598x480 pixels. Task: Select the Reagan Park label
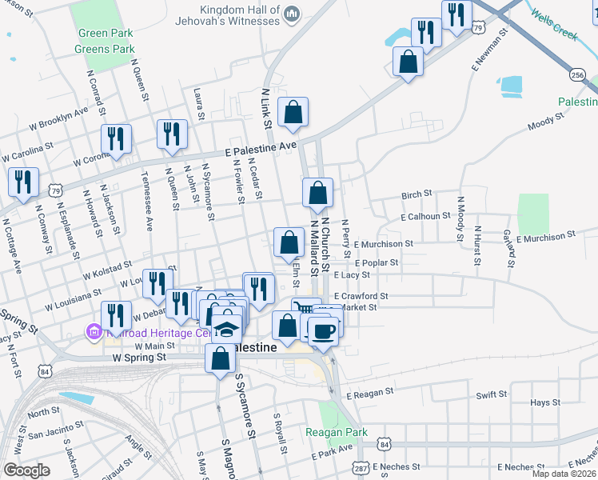coord(337,433)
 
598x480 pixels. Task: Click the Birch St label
coord(417,194)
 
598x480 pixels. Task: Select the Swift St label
coord(492,394)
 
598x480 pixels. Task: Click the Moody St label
coord(541,125)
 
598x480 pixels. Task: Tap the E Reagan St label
coord(369,394)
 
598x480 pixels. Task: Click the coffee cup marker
coord(323,330)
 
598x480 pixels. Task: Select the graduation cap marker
coord(227,330)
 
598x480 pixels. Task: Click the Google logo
coord(26,470)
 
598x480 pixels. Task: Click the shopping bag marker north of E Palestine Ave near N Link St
coord(293,113)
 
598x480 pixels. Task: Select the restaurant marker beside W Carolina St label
coord(117,140)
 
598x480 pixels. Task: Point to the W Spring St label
coord(139,357)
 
